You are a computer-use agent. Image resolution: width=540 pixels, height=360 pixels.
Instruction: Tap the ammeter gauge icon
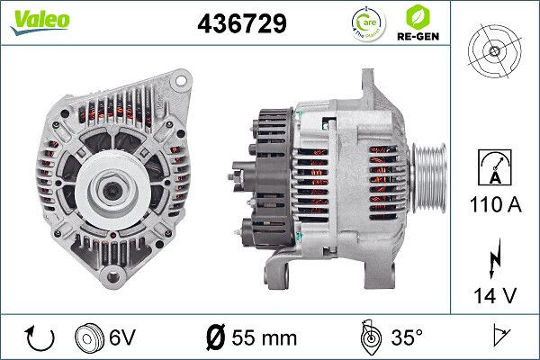click(493, 166)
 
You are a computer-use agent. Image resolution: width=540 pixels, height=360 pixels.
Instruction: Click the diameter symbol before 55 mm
click(217, 337)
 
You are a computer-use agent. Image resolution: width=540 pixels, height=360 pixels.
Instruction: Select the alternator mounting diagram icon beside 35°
click(367, 337)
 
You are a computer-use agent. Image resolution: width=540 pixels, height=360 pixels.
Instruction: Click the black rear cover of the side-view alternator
click(268, 171)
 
